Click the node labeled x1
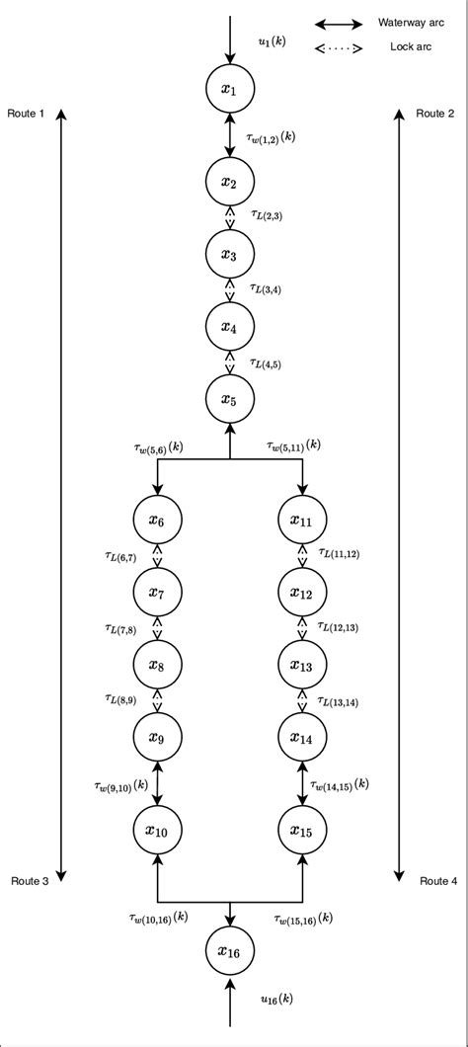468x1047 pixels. coord(229,90)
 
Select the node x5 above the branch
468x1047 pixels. coord(229,400)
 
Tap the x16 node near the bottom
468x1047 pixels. coord(229,951)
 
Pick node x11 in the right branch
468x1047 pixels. coord(302,520)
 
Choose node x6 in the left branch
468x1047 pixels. coord(157,520)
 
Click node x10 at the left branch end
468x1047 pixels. coord(157,832)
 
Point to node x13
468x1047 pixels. coord(302,666)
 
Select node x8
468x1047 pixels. coord(157,666)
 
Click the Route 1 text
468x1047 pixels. coord(27,115)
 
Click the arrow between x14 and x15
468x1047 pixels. coord(302,784)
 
